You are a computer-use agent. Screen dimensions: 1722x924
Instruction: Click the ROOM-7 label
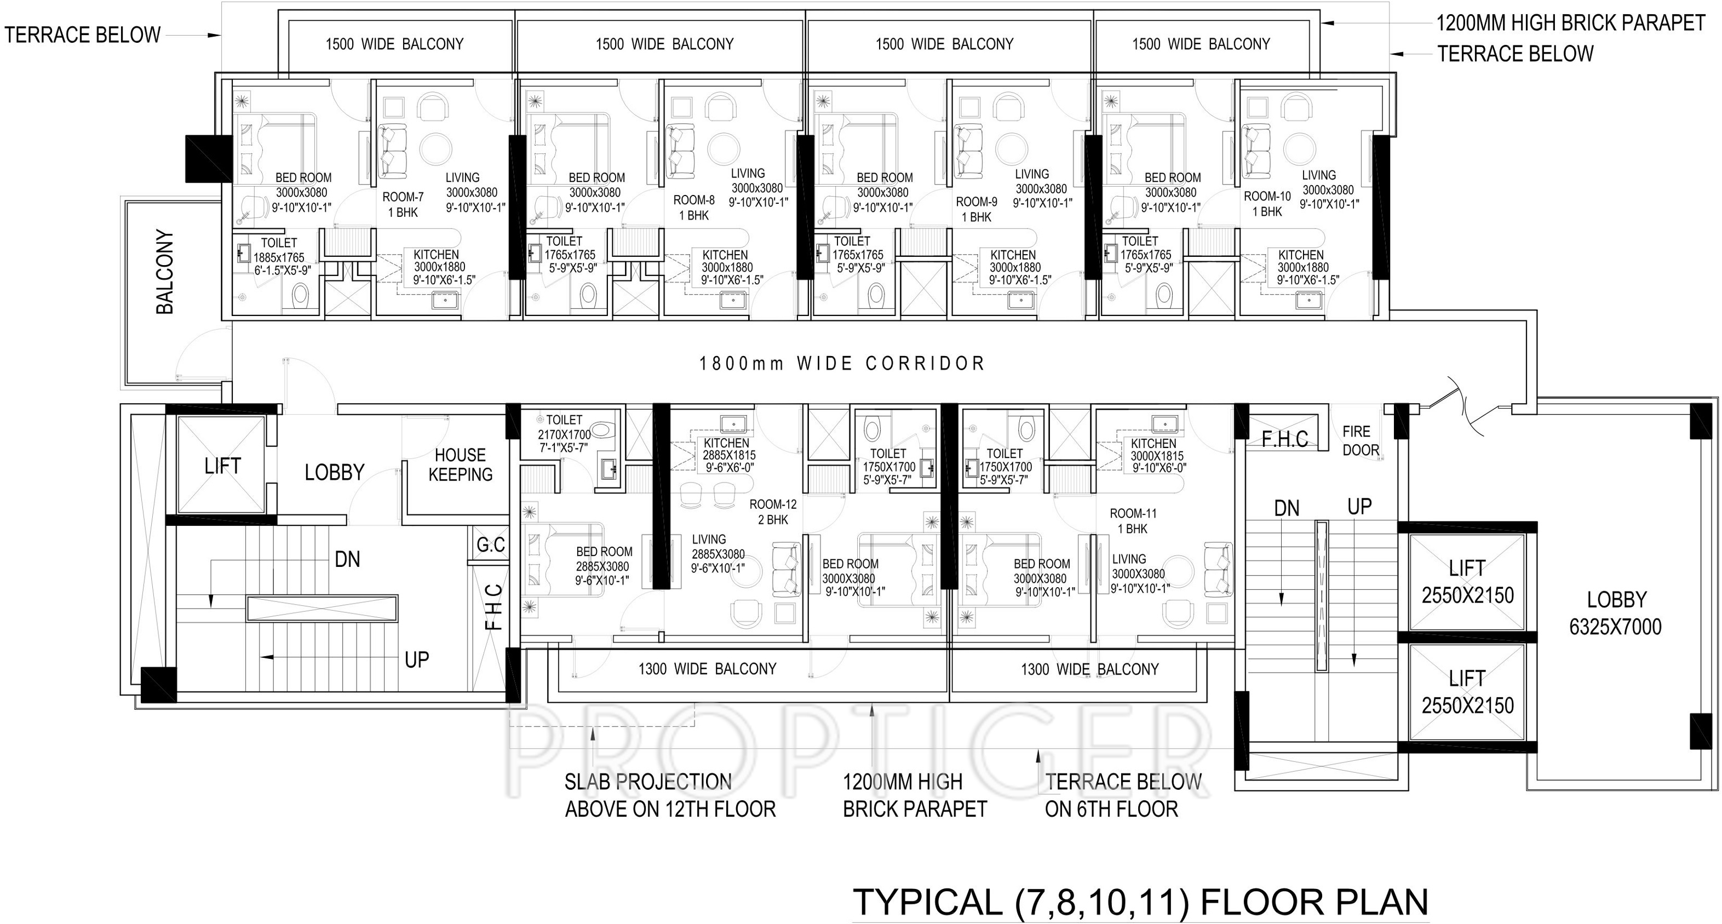point(403,197)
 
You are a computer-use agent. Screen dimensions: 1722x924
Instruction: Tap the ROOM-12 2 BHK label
point(773,512)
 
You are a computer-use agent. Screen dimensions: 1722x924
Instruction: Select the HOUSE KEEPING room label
point(461,464)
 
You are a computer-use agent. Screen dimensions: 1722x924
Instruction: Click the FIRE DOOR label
point(1361,440)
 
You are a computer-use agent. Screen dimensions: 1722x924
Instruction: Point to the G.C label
point(491,545)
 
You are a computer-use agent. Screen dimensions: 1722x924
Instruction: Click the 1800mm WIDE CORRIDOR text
point(842,364)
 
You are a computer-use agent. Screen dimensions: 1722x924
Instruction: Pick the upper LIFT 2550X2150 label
point(1467,582)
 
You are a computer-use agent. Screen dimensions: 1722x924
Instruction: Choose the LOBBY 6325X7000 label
point(1616,613)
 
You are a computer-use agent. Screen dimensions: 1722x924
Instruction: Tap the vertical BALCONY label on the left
point(164,272)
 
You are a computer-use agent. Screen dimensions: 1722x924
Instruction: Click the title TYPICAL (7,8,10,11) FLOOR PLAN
point(1140,902)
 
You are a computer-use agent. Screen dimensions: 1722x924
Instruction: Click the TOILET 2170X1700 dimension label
point(564,434)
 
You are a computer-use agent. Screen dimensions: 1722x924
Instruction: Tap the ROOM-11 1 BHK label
point(1133,521)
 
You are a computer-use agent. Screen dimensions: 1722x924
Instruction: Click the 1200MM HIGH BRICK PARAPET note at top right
point(1571,24)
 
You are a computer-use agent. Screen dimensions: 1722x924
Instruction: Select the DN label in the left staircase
point(347,559)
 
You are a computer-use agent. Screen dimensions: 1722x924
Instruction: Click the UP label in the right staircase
point(1359,507)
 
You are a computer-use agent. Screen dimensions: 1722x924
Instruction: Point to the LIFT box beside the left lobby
point(222,466)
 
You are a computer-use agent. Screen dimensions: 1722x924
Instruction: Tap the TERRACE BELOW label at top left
point(82,35)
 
